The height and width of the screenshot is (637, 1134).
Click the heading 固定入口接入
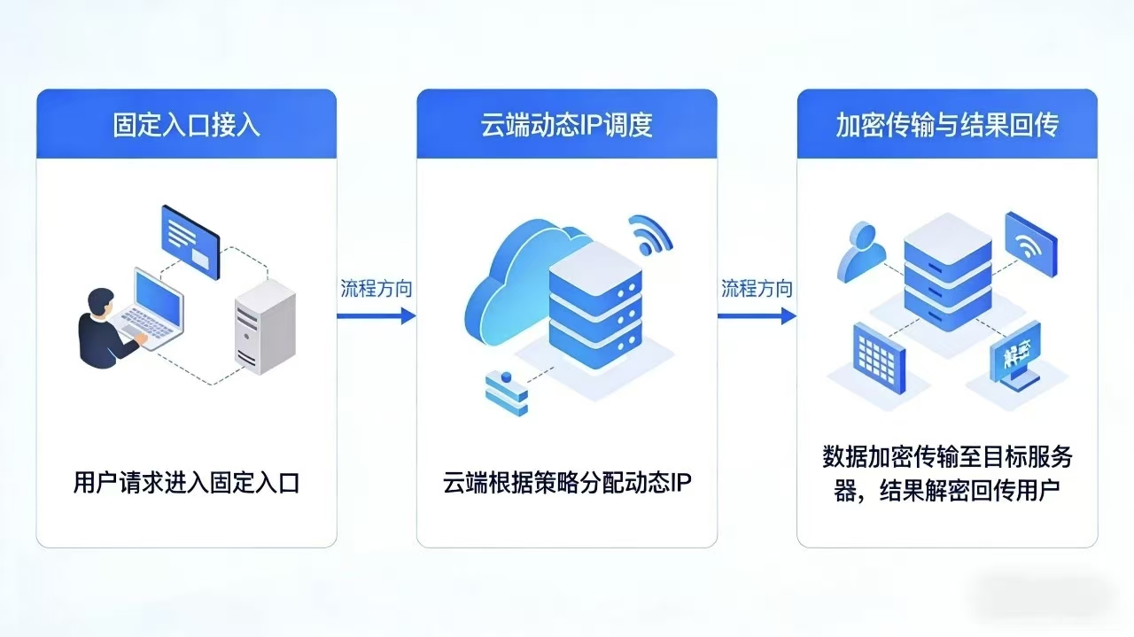pyautogui.click(x=186, y=125)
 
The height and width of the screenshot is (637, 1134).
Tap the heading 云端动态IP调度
pyautogui.click(x=567, y=125)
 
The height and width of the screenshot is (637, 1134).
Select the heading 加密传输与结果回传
pyautogui.click(x=947, y=125)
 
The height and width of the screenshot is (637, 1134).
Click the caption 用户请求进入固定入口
pyautogui.click(x=186, y=483)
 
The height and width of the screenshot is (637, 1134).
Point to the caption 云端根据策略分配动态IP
pyautogui.click(x=567, y=483)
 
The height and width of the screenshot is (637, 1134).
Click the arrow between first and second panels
pyautogui.click(x=377, y=315)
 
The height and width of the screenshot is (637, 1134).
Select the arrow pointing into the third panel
pyautogui.click(x=757, y=315)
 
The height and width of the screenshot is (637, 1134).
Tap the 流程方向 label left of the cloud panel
pyautogui.click(x=377, y=289)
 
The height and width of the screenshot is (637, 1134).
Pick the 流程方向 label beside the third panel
pyautogui.click(x=757, y=289)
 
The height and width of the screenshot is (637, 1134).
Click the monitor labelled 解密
pyautogui.click(x=1015, y=354)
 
